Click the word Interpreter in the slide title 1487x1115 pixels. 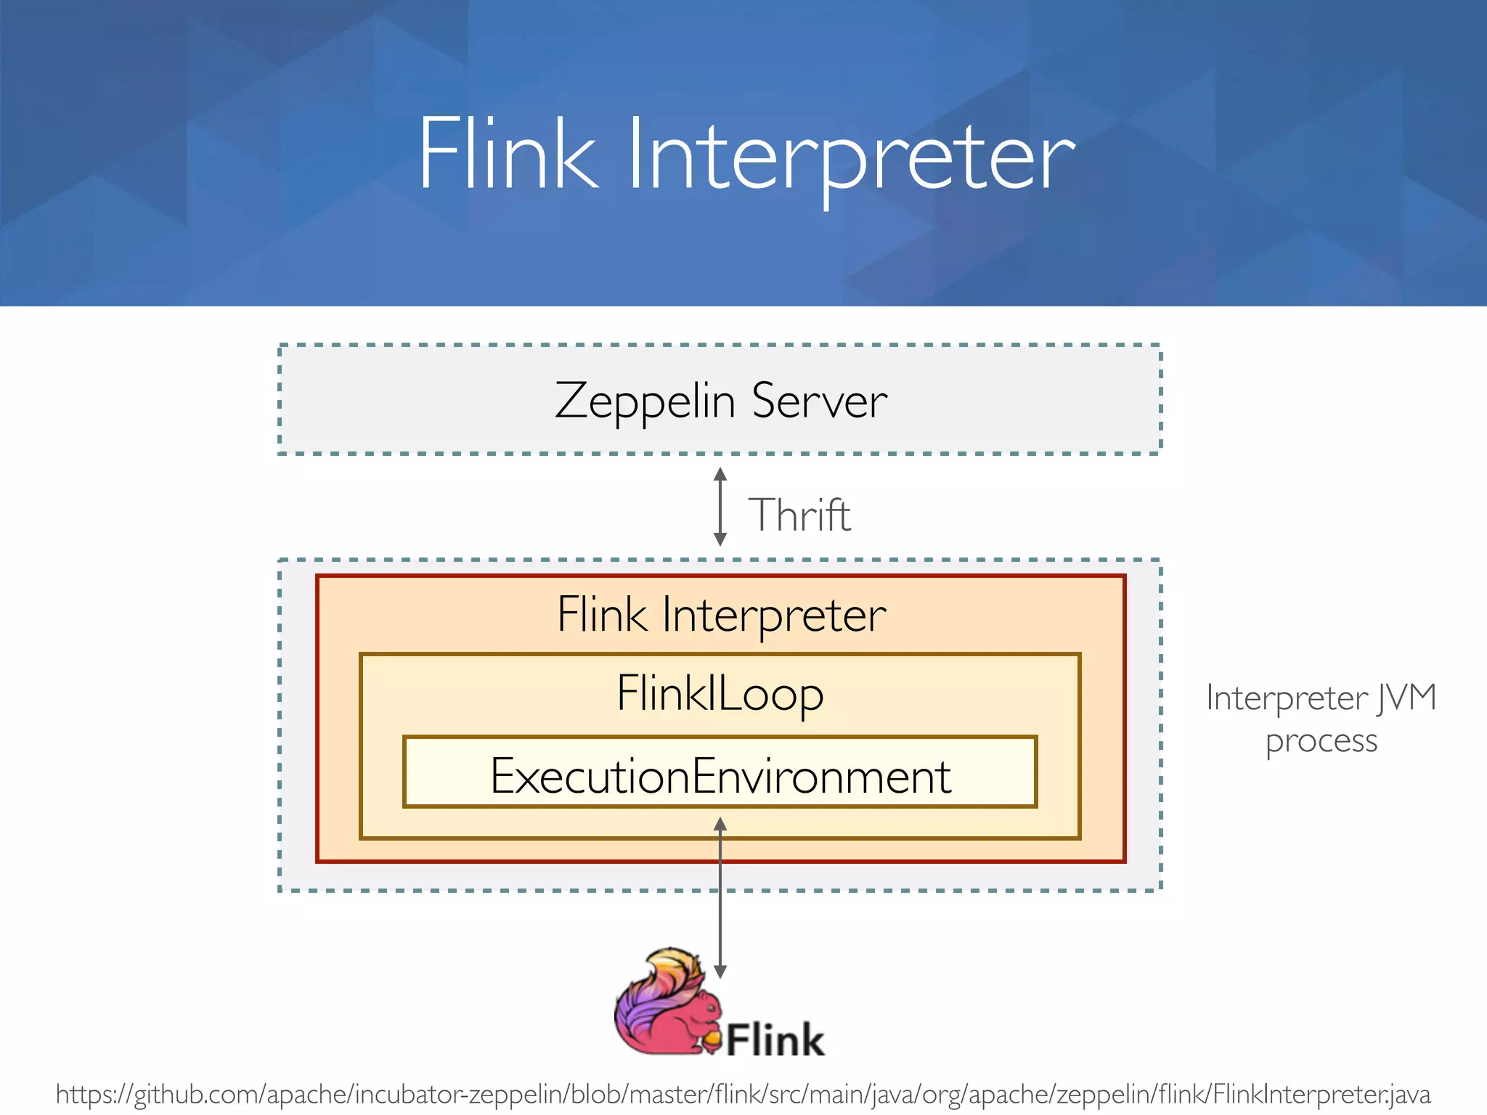coord(850,156)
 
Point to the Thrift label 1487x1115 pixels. coord(799,515)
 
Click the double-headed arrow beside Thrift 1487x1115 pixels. coord(720,507)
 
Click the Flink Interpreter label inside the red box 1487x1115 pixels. coord(721,615)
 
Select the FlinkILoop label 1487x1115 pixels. coord(720,693)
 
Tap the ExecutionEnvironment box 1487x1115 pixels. coord(720,775)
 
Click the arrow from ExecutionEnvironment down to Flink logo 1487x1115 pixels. coord(720,900)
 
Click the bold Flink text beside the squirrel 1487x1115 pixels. coord(775,1040)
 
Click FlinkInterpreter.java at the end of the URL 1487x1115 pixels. coord(1321,1094)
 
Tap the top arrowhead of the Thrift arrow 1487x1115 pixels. coord(720,474)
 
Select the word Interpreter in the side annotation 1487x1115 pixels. coord(1286,698)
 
